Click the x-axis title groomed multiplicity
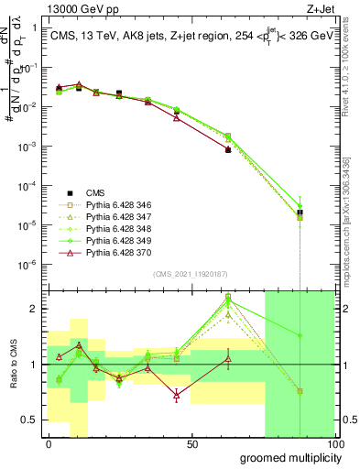[x=288, y=456]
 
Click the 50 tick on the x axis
[x=192, y=444]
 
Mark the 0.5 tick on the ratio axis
[x=33, y=420]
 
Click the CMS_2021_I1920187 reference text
[x=192, y=274]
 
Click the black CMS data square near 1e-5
[x=300, y=213]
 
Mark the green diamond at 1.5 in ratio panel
[x=300, y=335]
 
